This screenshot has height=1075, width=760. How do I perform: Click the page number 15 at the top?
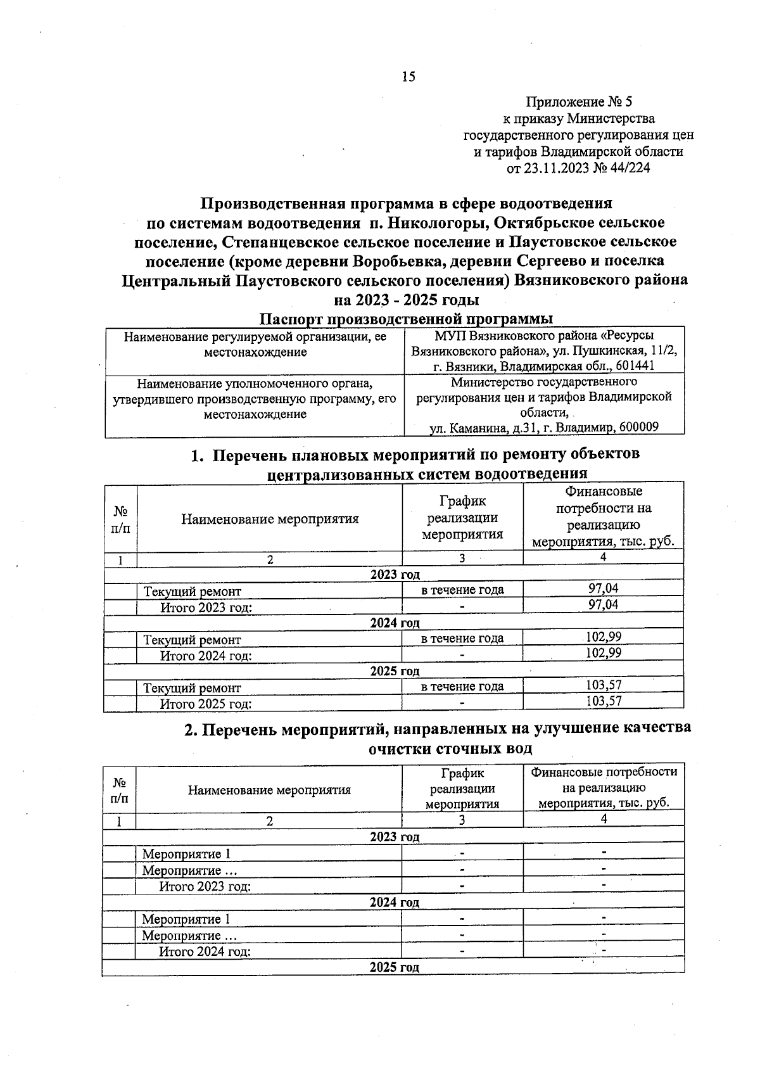408,77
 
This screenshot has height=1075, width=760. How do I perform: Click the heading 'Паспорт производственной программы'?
408,318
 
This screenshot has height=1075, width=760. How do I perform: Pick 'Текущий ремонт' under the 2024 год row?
193,640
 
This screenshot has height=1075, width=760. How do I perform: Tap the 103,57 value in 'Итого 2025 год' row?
603,701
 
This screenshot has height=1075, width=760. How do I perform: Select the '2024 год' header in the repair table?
395,623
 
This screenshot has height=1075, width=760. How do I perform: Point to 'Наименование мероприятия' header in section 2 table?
269,790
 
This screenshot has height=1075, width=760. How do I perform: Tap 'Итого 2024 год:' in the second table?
205,951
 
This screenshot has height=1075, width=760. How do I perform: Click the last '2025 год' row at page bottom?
394,967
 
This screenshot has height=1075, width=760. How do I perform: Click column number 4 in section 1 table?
603,557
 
